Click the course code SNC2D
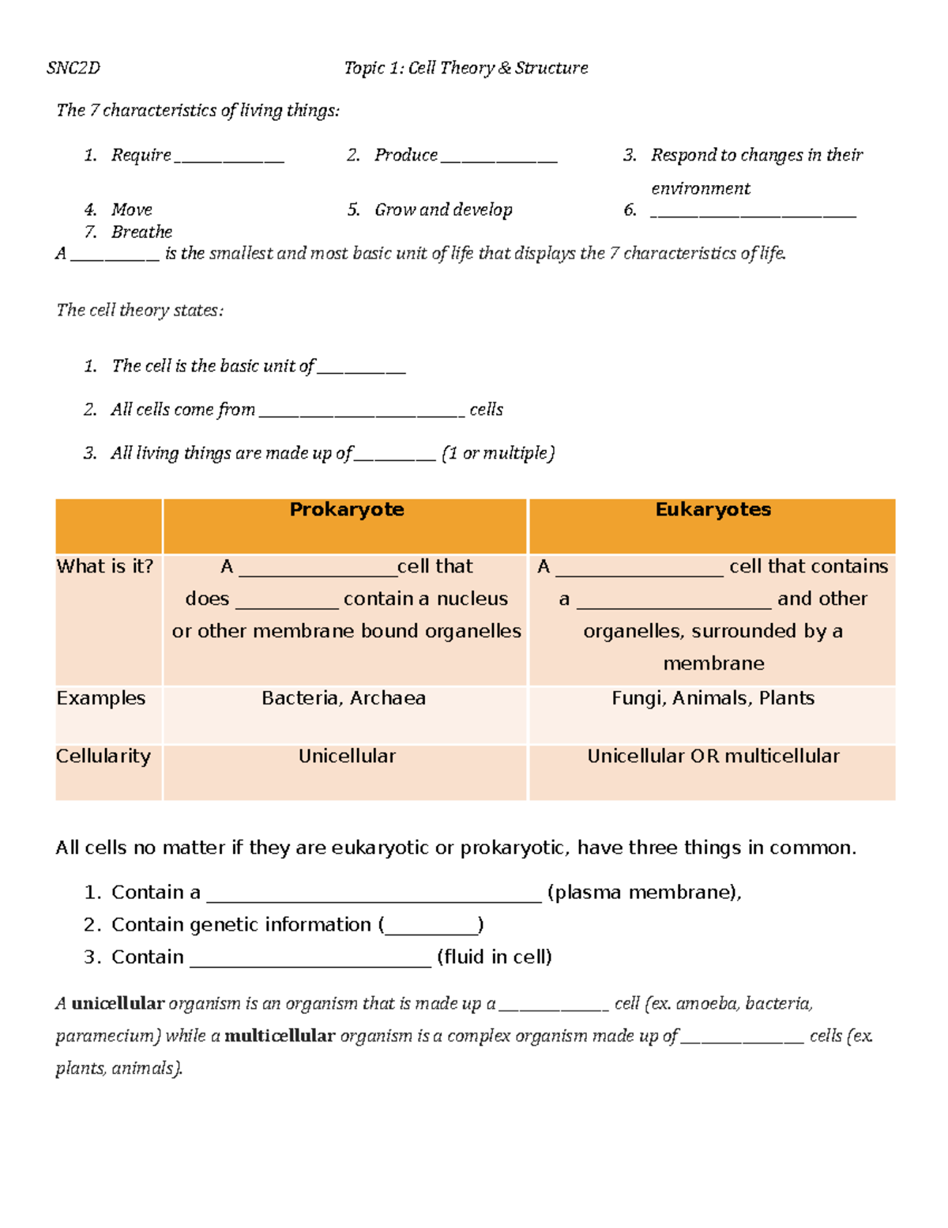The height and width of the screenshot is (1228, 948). [x=73, y=68]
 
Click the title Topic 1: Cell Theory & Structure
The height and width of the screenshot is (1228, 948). [x=465, y=68]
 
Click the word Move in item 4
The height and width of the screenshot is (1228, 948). [x=131, y=210]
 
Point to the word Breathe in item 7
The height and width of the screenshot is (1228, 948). [x=141, y=232]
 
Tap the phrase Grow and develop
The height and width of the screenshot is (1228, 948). [x=443, y=210]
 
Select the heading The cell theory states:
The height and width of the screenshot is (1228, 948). [x=140, y=310]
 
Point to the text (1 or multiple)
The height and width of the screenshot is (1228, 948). [x=498, y=453]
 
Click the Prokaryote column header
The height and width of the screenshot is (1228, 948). [x=346, y=510]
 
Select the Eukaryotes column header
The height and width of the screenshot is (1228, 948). [x=713, y=510]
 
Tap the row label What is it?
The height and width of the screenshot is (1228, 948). [x=105, y=566]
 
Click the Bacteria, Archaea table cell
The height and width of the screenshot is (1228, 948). [x=344, y=698]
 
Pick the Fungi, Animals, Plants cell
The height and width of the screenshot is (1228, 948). [x=713, y=698]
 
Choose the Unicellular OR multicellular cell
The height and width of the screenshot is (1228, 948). [x=713, y=756]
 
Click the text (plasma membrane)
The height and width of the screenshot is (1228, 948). [x=644, y=893]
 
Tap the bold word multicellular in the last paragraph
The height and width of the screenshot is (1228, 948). [x=280, y=1036]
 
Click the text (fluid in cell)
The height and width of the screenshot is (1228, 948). [x=495, y=957]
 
